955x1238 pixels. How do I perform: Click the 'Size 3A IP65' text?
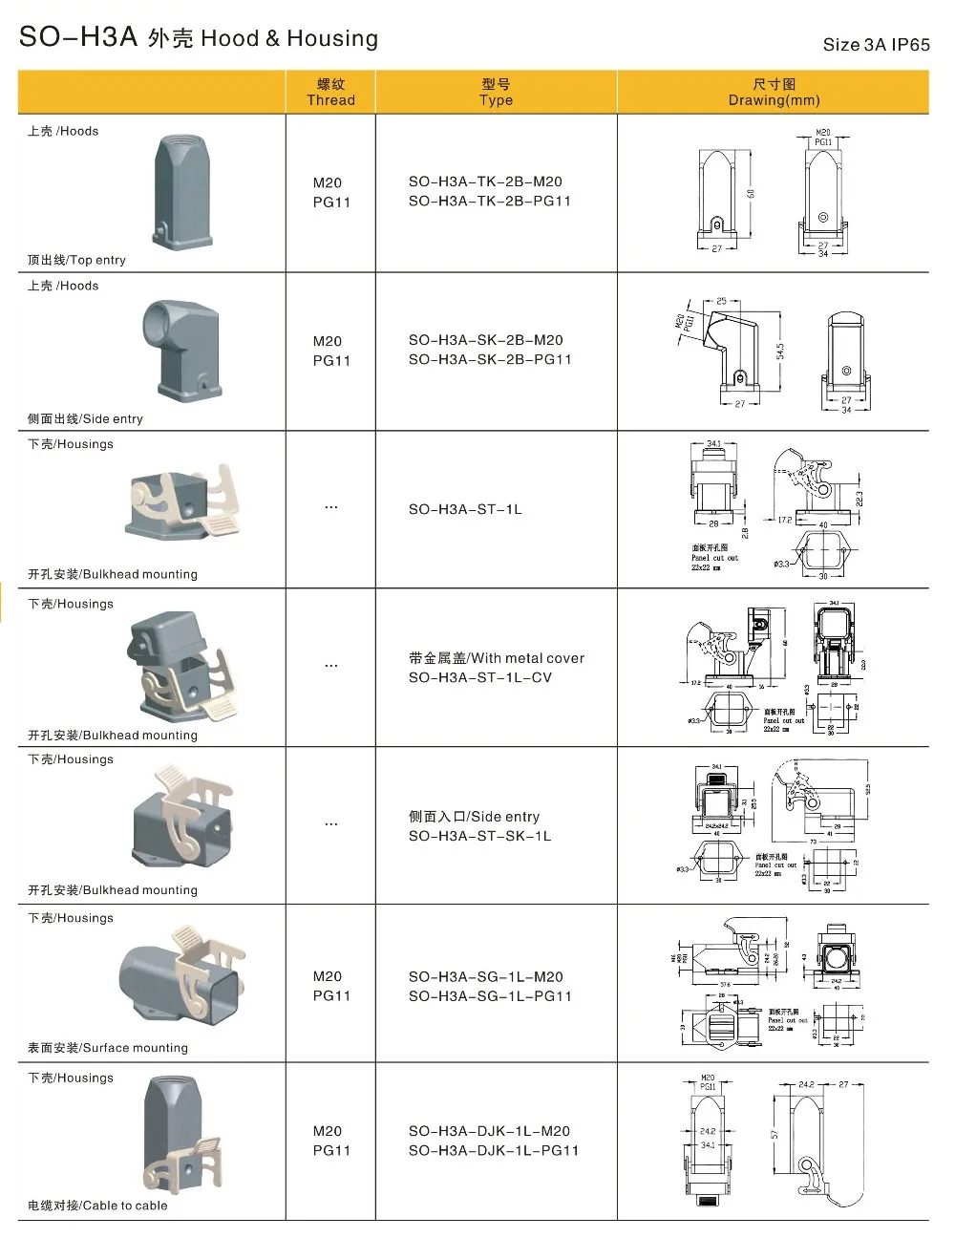876,45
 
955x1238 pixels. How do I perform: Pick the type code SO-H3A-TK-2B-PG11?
489,202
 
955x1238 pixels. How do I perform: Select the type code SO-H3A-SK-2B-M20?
485,340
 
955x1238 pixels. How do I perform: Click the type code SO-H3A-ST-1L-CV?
479,678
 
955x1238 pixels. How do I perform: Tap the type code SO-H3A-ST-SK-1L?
479,837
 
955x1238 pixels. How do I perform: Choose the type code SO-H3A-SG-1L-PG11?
490,996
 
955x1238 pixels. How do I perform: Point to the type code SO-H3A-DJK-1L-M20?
489,1131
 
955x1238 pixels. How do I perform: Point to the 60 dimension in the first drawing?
752,194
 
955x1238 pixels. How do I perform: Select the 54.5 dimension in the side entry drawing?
780,352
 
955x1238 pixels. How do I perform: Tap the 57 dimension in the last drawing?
775,1134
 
